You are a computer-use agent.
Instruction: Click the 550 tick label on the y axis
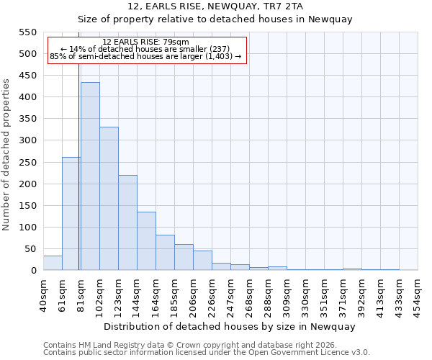27,32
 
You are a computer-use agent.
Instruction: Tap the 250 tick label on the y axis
27,163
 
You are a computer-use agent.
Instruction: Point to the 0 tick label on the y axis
33,271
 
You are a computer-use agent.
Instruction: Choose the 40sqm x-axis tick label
43,292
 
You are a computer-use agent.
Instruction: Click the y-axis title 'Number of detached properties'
6,155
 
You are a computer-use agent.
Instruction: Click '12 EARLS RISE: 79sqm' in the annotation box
146,42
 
